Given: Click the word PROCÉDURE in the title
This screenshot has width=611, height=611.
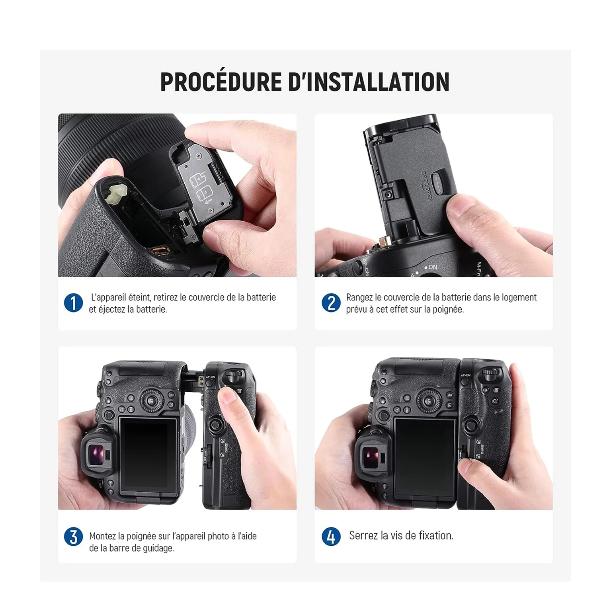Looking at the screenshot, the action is pyautogui.click(x=221, y=82).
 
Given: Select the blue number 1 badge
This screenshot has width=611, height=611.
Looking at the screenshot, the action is pyautogui.click(x=73, y=303).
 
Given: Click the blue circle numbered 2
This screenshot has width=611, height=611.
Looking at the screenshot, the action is pyautogui.click(x=331, y=303).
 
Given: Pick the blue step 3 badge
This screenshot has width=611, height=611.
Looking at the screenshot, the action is pyautogui.click(x=73, y=537).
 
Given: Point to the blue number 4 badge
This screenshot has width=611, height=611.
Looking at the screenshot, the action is pyautogui.click(x=331, y=537).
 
